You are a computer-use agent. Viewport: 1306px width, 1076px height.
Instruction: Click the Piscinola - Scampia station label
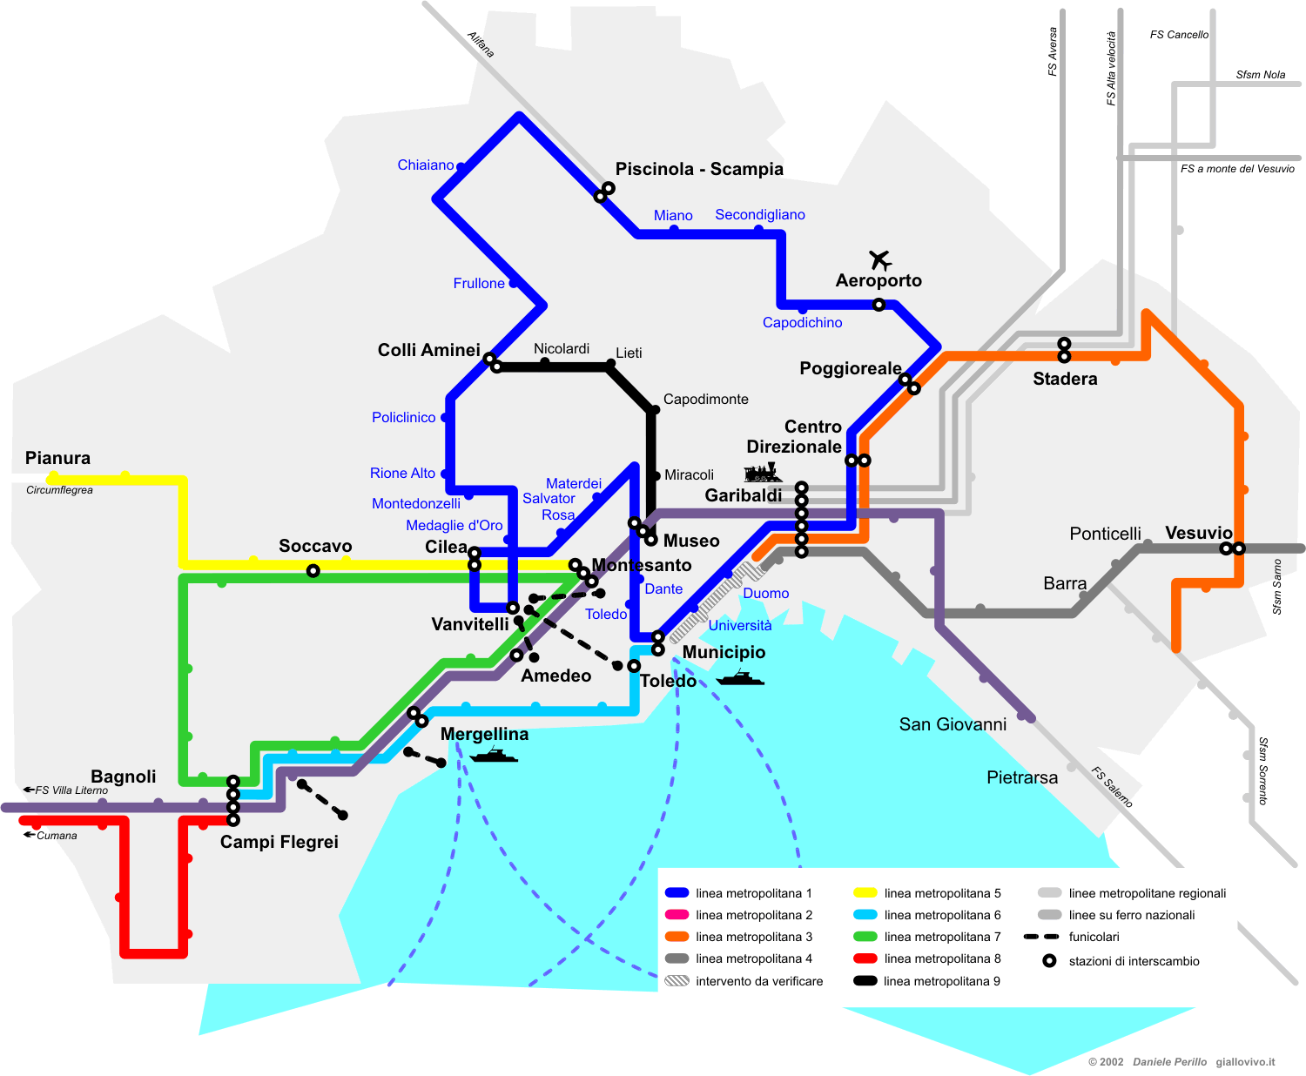tap(699, 169)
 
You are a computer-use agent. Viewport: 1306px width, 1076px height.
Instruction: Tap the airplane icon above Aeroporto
tap(880, 259)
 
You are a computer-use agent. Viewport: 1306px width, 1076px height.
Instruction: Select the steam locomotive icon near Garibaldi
tap(763, 473)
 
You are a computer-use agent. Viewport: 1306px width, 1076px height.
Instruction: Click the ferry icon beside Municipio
tap(740, 677)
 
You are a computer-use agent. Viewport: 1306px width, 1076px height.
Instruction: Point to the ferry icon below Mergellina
tap(494, 755)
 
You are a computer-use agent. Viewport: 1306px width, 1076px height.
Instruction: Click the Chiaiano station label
tap(426, 165)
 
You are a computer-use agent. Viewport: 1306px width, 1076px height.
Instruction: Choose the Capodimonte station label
tap(705, 400)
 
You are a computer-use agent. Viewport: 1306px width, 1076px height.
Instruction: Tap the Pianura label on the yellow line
tap(57, 458)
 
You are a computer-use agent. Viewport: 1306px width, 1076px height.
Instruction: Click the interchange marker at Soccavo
tap(313, 571)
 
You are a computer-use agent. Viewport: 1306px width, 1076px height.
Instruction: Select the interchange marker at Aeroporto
tap(879, 305)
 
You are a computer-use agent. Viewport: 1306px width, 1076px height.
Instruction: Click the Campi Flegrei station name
tap(279, 842)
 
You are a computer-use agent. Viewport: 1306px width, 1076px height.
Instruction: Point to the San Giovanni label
tap(953, 724)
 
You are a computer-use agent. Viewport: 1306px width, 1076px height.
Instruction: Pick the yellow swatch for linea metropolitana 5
tap(865, 893)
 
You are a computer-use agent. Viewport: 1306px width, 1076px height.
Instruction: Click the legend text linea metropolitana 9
tap(941, 981)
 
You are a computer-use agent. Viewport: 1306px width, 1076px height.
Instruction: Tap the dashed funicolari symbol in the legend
tap(1041, 937)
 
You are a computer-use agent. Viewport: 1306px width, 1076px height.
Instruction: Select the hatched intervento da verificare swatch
tap(677, 981)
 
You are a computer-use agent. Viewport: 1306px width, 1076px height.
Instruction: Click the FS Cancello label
tap(1179, 35)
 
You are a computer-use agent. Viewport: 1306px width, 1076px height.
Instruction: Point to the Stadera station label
tap(1065, 379)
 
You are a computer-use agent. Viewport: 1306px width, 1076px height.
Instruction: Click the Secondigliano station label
tap(760, 215)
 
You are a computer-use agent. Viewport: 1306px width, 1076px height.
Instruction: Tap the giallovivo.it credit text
tap(1245, 1062)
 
